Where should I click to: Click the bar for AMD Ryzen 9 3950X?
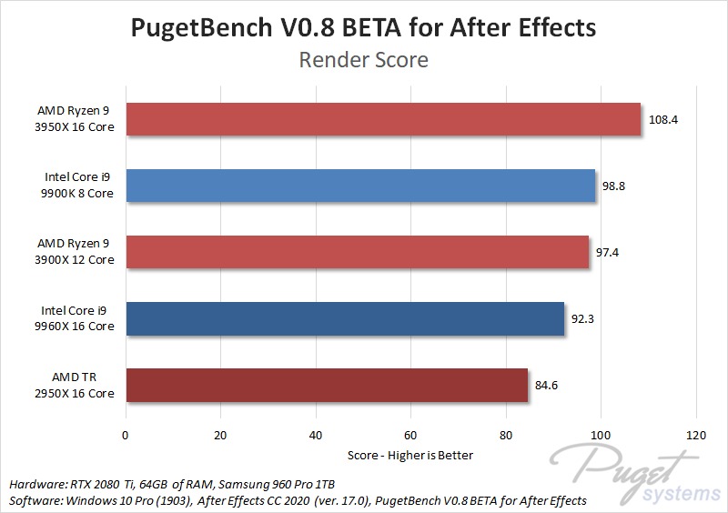point(383,119)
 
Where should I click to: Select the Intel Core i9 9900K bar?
point(360,186)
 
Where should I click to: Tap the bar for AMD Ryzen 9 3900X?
point(357,252)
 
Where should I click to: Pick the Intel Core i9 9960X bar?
point(345,318)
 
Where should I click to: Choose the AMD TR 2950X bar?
point(327,385)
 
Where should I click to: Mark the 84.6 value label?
point(546,386)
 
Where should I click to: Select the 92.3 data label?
point(583,318)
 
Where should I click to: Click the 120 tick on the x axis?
point(696,435)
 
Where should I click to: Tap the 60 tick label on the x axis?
point(411,435)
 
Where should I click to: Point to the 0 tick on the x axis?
point(126,435)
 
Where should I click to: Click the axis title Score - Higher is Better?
point(410,454)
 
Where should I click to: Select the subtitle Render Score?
point(363,61)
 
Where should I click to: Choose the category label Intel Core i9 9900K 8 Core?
point(79,186)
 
